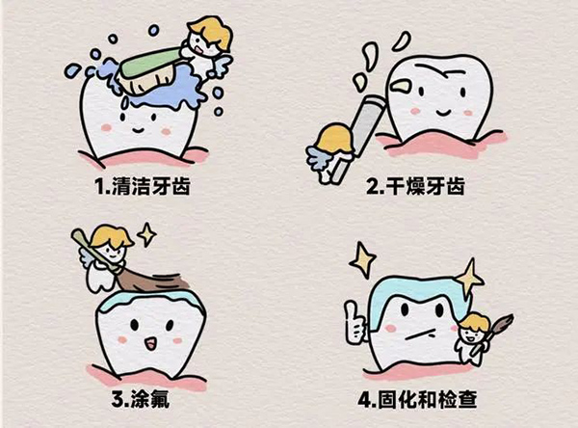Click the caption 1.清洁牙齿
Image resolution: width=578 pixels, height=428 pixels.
(x=143, y=186)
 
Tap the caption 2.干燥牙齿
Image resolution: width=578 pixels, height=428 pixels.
(x=416, y=186)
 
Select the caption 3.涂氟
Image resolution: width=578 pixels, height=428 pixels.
(x=141, y=399)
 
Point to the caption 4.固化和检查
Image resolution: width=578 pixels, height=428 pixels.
(x=418, y=399)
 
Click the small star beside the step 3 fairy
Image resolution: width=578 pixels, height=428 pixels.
(x=146, y=234)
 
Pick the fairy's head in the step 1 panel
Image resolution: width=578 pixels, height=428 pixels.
(x=208, y=37)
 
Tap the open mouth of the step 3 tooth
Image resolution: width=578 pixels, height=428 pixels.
(x=150, y=343)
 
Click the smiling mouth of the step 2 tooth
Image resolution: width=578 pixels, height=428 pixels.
(x=442, y=112)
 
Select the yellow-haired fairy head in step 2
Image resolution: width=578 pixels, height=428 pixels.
(x=334, y=140)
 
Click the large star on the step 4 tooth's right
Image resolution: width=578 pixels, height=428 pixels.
(x=469, y=279)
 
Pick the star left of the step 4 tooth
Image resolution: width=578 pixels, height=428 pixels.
(x=363, y=259)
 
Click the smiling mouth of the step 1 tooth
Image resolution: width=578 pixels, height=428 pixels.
(x=138, y=130)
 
